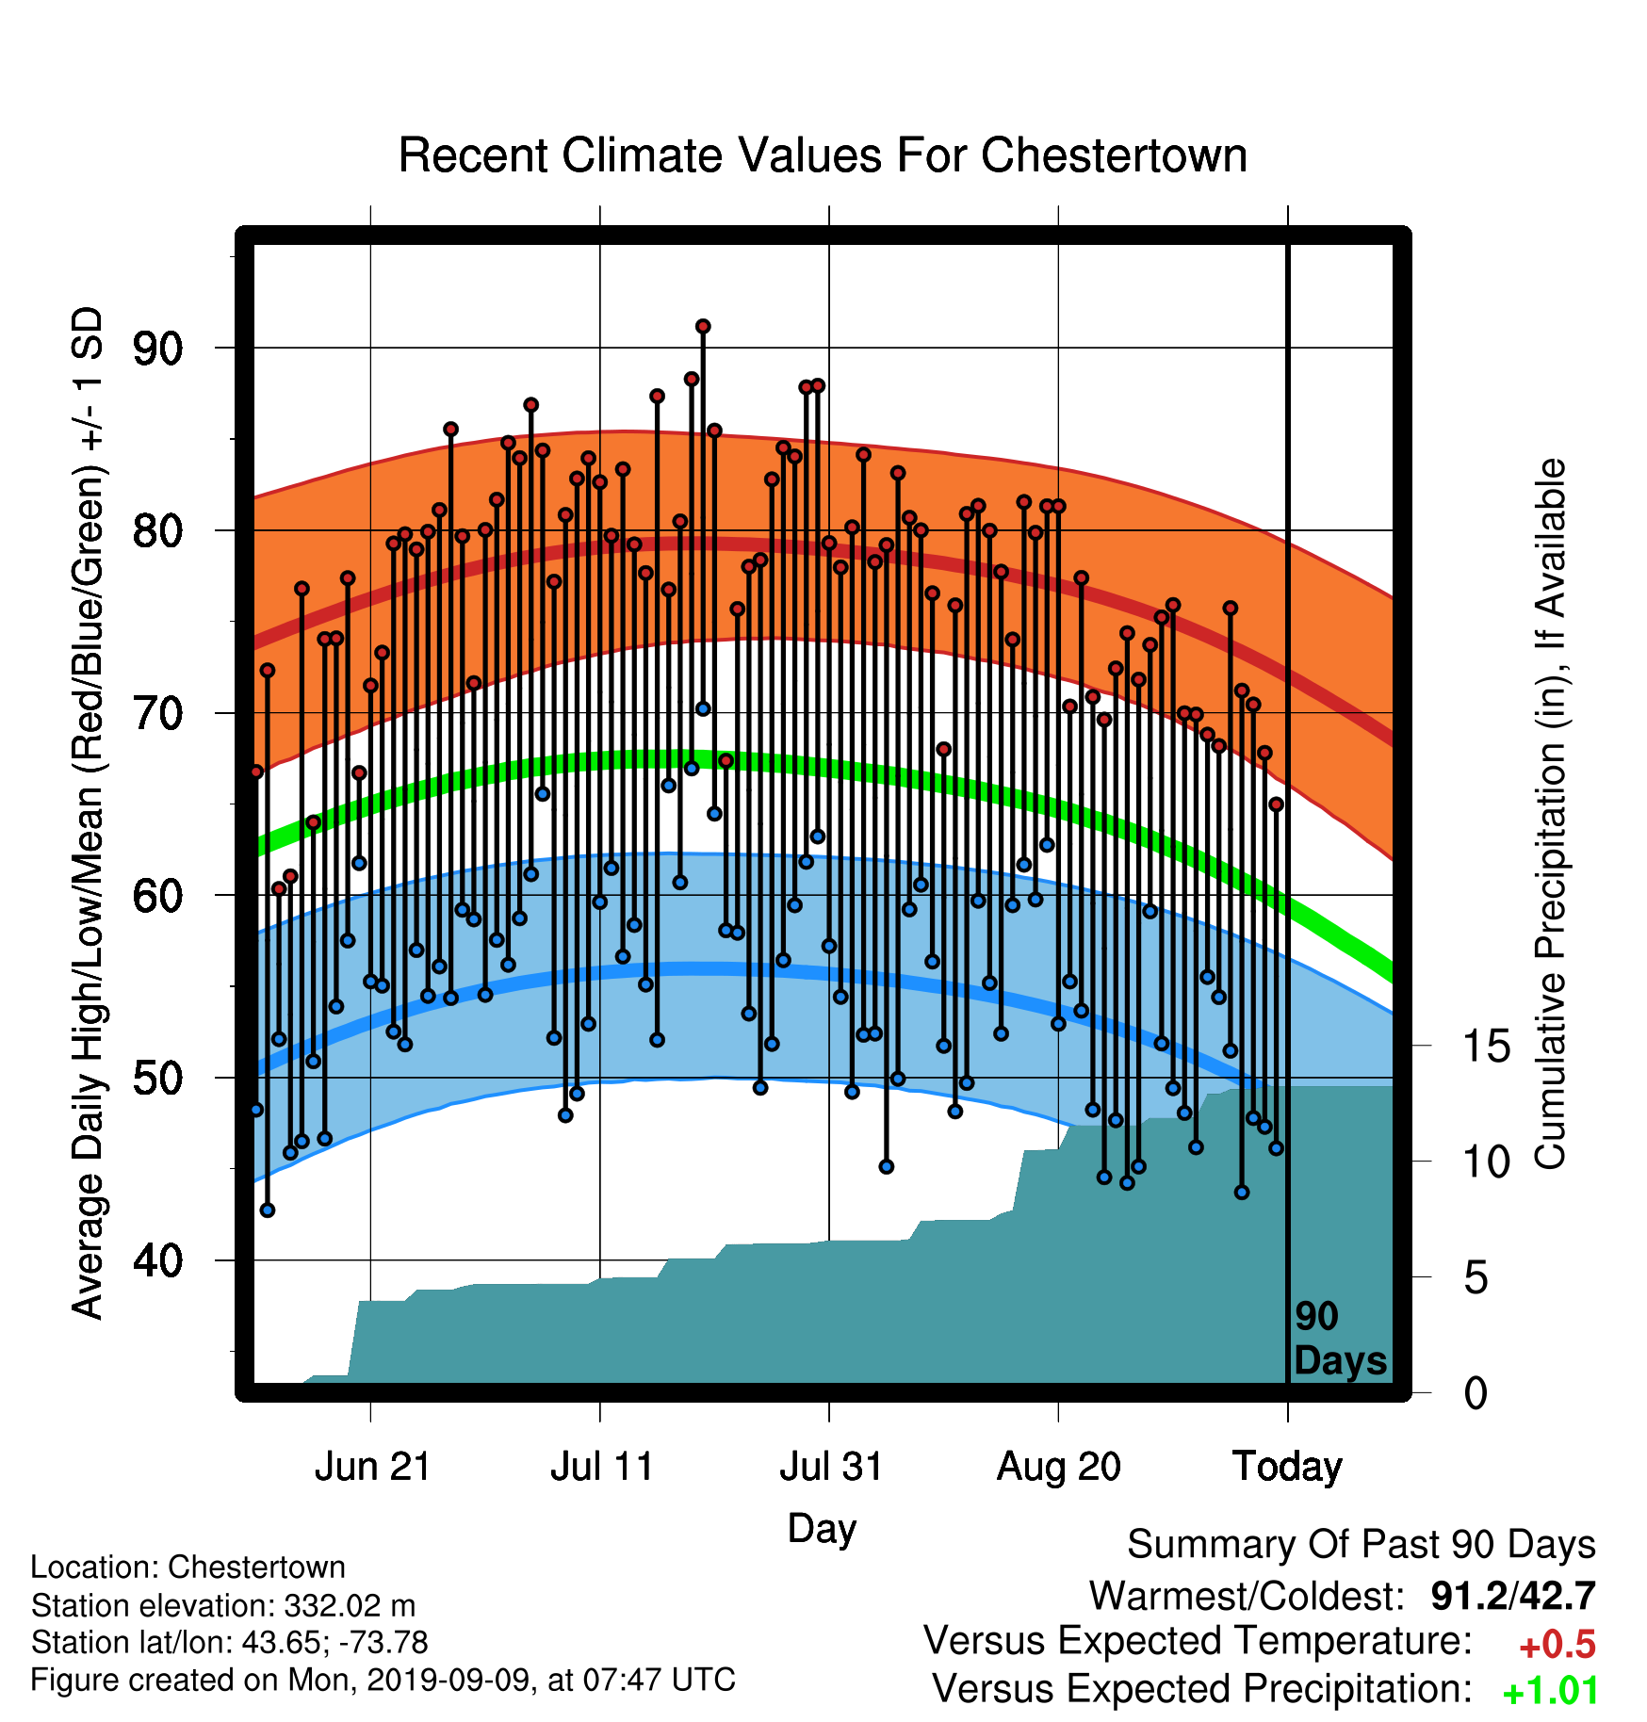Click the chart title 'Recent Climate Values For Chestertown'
823,155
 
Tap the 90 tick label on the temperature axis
157,349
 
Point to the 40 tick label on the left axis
157,1260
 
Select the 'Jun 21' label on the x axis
372,1467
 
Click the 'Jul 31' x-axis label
831,1467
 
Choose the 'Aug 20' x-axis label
1059,1467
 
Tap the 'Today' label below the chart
1287,1467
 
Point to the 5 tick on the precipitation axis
1476,1278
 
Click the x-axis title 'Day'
822,1529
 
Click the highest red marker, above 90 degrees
703,327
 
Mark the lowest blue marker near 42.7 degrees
268,1210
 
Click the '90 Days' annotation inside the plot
1340,1339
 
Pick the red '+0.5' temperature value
1557,1645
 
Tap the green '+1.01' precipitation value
1550,1692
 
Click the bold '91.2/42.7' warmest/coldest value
1513,1596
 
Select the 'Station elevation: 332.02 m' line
223,1605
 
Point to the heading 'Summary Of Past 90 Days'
1362,1545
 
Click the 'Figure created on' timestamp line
383,1680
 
